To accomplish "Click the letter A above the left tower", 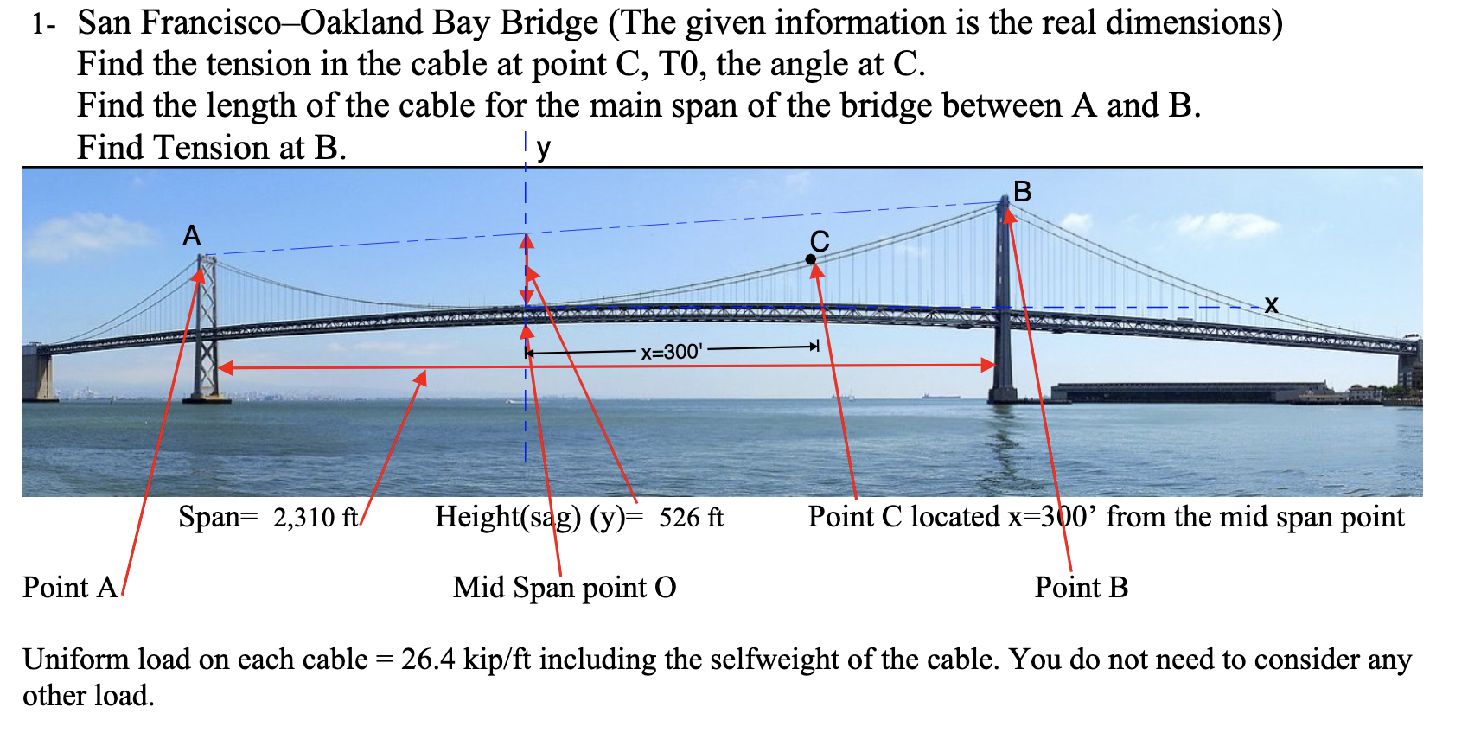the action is click(x=192, y=235).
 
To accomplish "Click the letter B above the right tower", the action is click(x=1022, y=191).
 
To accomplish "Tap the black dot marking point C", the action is click(x=810, y=259).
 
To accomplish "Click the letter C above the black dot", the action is click(x=820, y=241).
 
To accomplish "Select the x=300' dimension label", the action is click(x=672, y=352).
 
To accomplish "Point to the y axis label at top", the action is click(x=543, y=148).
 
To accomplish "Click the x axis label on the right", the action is click(x=1270, y=304).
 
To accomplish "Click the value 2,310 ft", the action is click(x=315, y=518).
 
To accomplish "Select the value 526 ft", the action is click(x=691, y=518).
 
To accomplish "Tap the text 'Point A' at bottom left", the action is click(x=69, y=588).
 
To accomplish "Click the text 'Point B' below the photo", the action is click(x=1081, y=588).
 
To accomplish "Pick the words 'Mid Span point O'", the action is click(x=565, y=588).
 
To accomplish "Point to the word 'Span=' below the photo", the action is click(x=218, y=517).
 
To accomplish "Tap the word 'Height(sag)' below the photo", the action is click(x=507, y=517).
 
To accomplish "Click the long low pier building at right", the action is click(x=1184, y=392).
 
